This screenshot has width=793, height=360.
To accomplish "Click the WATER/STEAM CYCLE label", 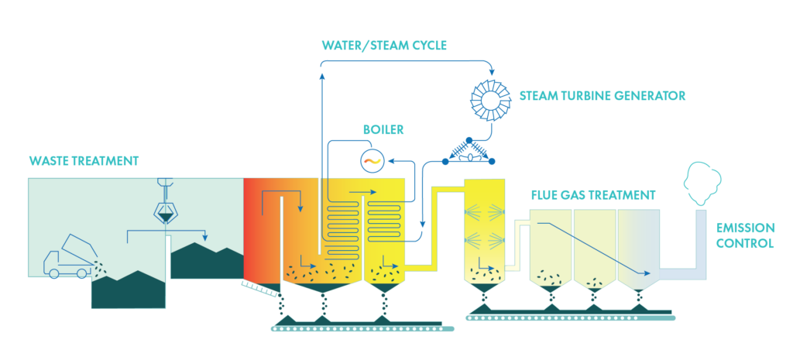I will click(x=384, y=45).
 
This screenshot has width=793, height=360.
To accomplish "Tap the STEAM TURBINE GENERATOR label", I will click(x=602, y=96).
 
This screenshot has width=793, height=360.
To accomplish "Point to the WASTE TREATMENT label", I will click(x=84, y=161).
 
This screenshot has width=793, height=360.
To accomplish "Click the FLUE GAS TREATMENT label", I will click(x=593, y=194).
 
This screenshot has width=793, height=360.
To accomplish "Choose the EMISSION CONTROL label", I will click(x=745, y=235).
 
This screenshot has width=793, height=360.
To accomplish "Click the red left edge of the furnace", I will click(x=249, y=228).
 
